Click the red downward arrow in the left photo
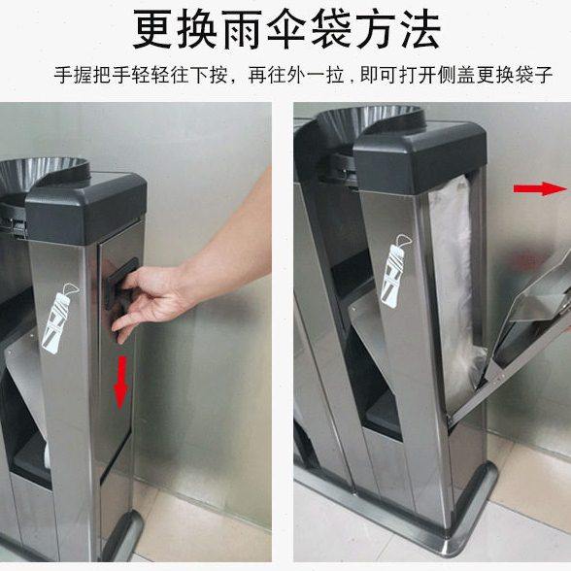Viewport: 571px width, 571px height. click(121, 382)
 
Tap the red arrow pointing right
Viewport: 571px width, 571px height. click(540, 188)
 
